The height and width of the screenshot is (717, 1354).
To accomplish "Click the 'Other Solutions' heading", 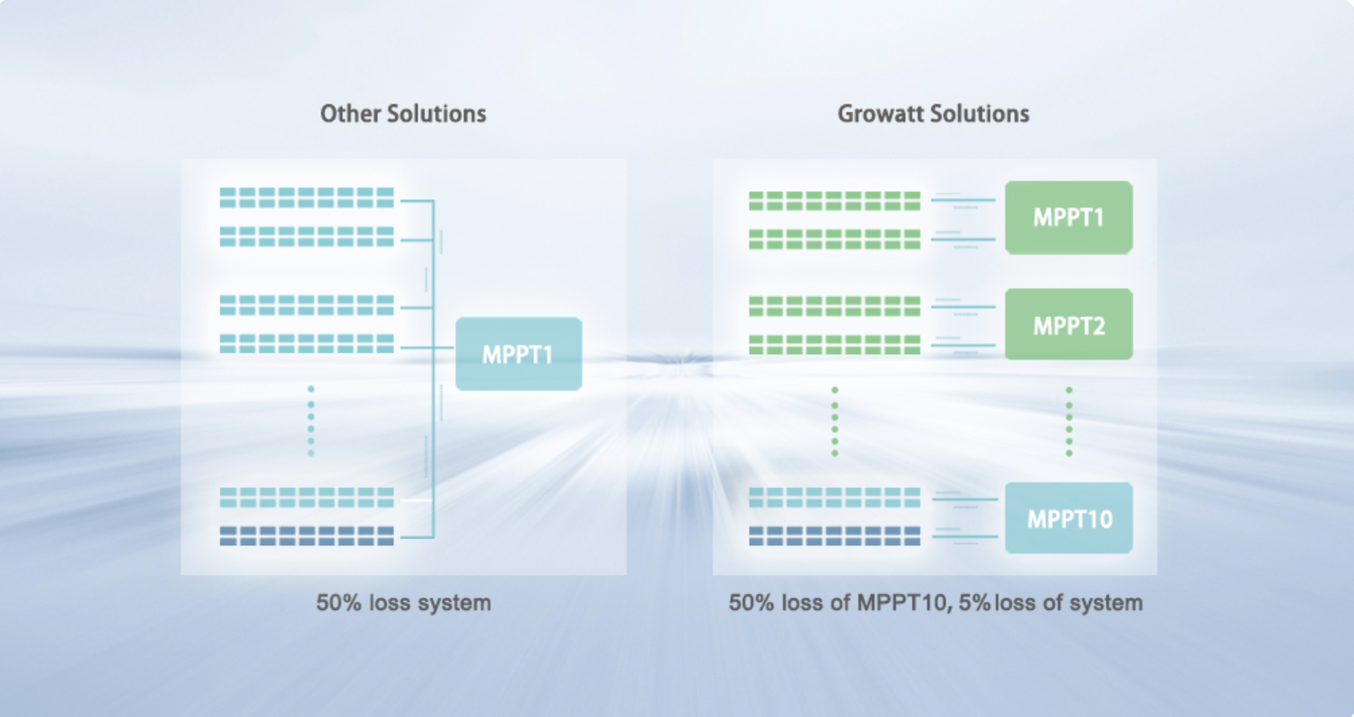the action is [403, 114].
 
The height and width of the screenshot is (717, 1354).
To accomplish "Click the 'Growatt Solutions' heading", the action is [933, 114].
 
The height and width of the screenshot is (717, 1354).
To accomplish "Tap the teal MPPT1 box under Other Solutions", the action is [519, 354].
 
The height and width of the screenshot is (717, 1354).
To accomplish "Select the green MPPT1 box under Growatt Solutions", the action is [1068, 217].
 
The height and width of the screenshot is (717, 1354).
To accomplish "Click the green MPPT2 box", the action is [1068, 324].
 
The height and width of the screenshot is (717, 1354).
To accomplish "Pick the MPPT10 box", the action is [1068, 518].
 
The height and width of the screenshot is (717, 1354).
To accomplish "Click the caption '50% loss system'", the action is [404, 603].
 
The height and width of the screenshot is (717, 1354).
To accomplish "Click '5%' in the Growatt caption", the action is [974, 603].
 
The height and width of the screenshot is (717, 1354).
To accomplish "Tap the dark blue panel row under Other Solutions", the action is [306, 536].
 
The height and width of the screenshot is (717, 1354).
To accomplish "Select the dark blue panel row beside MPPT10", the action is [835, 536].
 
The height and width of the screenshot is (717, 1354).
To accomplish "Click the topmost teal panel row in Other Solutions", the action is [306, 198].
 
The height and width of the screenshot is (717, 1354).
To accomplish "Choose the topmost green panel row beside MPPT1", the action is [835, 201].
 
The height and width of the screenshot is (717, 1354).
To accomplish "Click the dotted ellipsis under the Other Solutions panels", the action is [311, 421].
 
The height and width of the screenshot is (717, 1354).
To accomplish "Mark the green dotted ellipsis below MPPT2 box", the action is [1068, 421].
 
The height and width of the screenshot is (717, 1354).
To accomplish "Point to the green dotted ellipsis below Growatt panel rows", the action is [835, 421].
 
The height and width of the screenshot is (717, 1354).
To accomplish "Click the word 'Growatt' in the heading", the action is [880, 114].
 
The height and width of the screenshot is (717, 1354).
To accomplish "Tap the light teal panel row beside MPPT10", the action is [835, 498].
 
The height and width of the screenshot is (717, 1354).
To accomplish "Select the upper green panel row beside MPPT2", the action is [835, 306].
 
